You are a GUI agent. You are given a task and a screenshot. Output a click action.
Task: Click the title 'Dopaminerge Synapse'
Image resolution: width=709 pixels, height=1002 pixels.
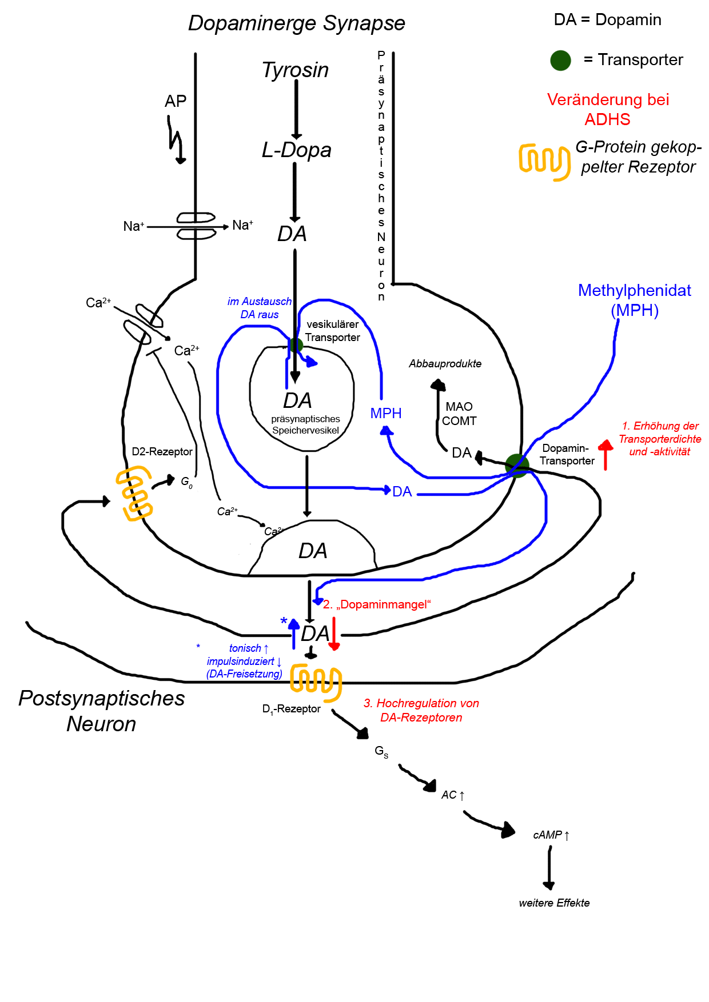[296, 23]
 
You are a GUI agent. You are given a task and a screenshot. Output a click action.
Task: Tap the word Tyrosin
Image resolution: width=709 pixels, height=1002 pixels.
[295, 70]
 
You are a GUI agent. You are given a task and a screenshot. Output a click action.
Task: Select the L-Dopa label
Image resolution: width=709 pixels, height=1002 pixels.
[296, 150]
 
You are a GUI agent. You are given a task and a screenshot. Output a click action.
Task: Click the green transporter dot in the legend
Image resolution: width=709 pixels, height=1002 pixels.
[560, 60]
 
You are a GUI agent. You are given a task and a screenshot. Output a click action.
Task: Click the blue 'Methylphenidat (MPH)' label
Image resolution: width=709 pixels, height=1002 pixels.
[634, 300]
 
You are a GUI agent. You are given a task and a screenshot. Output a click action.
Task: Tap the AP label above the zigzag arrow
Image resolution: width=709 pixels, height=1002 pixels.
[176, 101]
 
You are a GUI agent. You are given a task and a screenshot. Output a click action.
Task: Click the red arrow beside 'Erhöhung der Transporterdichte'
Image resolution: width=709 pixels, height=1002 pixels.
[606, 454]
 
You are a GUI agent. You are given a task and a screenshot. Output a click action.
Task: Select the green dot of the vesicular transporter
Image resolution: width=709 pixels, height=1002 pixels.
[296, 345]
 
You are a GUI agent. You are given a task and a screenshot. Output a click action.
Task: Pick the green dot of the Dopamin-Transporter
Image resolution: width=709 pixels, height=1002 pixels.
[517, 466]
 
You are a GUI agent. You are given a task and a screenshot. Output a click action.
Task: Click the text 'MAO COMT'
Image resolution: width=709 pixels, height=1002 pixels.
[459, 414]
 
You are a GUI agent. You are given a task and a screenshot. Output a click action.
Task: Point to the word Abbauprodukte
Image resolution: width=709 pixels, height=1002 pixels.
[445, 364]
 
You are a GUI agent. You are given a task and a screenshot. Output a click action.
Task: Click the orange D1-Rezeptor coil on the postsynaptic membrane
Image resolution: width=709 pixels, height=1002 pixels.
[316, 682]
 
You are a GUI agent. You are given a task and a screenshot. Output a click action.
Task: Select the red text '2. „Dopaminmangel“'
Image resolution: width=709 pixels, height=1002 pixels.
[377, 604]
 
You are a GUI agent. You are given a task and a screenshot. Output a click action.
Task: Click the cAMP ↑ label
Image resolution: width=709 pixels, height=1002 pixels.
[551, 835]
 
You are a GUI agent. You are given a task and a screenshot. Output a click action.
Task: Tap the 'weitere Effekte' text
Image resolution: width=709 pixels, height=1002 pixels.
[554, 903]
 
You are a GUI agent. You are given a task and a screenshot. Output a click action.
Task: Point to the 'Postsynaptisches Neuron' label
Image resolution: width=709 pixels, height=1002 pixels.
[102, 711]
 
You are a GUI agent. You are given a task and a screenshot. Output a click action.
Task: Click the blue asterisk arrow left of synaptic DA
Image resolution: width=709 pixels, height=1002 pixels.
[294, 633]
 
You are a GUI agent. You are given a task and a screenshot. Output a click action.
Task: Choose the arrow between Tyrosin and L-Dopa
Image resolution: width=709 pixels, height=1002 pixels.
[296, 109]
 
